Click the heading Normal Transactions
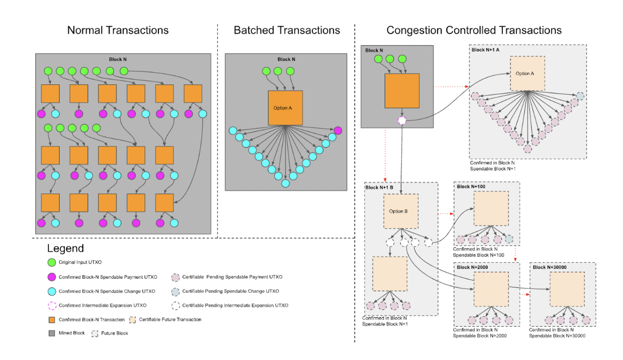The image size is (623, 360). click(118, 30)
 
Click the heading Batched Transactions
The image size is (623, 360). click(287, 30)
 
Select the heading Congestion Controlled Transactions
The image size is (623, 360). click(474, 30)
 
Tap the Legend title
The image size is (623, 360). click(65, 248)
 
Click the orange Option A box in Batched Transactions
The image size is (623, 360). click(285, 108)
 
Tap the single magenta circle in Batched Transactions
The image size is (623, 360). click(338, 131)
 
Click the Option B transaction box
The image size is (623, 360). click(400, 211)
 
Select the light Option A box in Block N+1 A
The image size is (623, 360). click(527, 73)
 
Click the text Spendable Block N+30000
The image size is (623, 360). click(557, 336)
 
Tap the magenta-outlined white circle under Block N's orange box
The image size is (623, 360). click(402, 120)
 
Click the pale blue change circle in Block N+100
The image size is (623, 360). click(509, 239)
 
